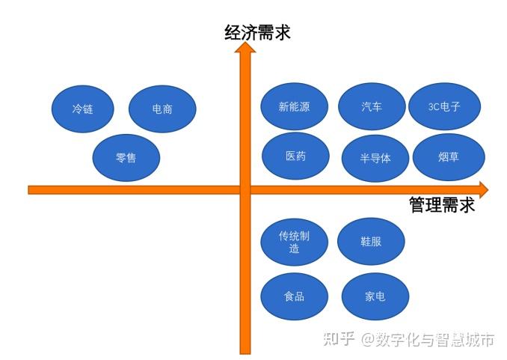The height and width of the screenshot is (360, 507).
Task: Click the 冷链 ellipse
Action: tap(83, 109)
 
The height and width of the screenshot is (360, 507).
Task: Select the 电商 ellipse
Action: tap(162, 109)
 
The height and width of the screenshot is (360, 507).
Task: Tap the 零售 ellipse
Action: tap(126, 157)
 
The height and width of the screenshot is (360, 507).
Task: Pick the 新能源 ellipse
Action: tap(294, 106)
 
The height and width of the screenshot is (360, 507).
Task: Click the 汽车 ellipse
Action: tap(372, 106)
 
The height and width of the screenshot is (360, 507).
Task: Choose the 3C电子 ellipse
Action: tap(444, 106)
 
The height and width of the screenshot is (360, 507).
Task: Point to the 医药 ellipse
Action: tap(295, 156)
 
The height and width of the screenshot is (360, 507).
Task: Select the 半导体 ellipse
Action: tap(375, 157)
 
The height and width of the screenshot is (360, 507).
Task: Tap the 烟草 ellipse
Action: tap(449, 156)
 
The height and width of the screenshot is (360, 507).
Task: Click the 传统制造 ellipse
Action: tap(294, 242)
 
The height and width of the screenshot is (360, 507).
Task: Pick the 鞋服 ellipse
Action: tap(371, 242)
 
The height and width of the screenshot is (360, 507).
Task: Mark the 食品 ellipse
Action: tap(294, 296)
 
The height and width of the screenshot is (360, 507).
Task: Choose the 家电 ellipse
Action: tap(375, 296)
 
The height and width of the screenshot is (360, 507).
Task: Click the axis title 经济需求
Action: tap(257, 32)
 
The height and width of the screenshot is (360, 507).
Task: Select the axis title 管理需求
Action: tap(441, 205)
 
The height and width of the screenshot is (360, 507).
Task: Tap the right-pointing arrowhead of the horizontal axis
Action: tap(482, 189)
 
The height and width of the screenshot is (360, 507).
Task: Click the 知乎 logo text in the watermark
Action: tap(338, 339)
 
